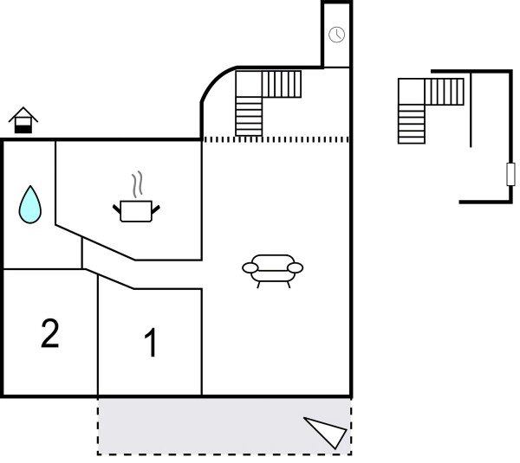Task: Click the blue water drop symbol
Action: (30, 205)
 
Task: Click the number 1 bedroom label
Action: (151, 344)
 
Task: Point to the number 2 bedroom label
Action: (50, 333)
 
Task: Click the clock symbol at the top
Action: (336, 35)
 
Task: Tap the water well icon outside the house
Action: (23, 121)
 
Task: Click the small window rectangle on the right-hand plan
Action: (510, 175)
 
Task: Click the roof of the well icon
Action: (23, 114)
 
